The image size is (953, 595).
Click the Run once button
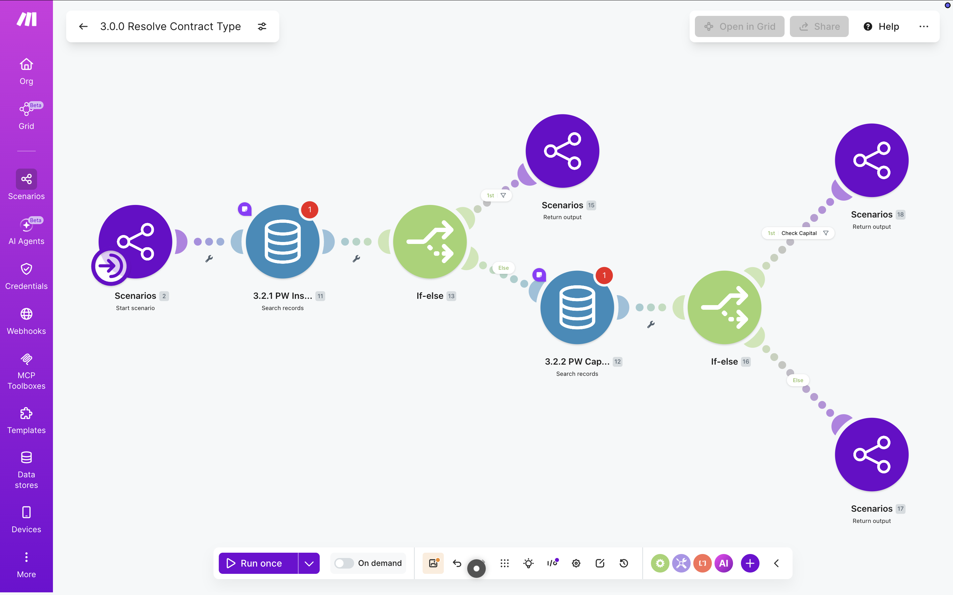pos(258,563)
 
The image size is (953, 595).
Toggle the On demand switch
pos(344,563)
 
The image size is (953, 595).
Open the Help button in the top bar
pos(881,26)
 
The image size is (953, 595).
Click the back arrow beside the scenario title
pos(83,26)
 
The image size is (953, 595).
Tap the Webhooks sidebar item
pos(26,321)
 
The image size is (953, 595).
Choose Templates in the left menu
pos(26,420)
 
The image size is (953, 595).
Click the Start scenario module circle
pos(135,242)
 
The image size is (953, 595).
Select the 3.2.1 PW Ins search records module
pos(282,242)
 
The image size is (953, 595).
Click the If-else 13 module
pos(430,242)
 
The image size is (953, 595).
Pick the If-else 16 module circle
pos(724,307)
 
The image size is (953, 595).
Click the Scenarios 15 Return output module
pos(562,151)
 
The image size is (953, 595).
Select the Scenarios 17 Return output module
pos(872,455)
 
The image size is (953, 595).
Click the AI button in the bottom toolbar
pos(723,563)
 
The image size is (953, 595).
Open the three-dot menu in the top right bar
pos(924,26)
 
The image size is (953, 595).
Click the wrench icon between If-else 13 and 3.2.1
pos(356,258)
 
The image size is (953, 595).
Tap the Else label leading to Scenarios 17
pos(797,380)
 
